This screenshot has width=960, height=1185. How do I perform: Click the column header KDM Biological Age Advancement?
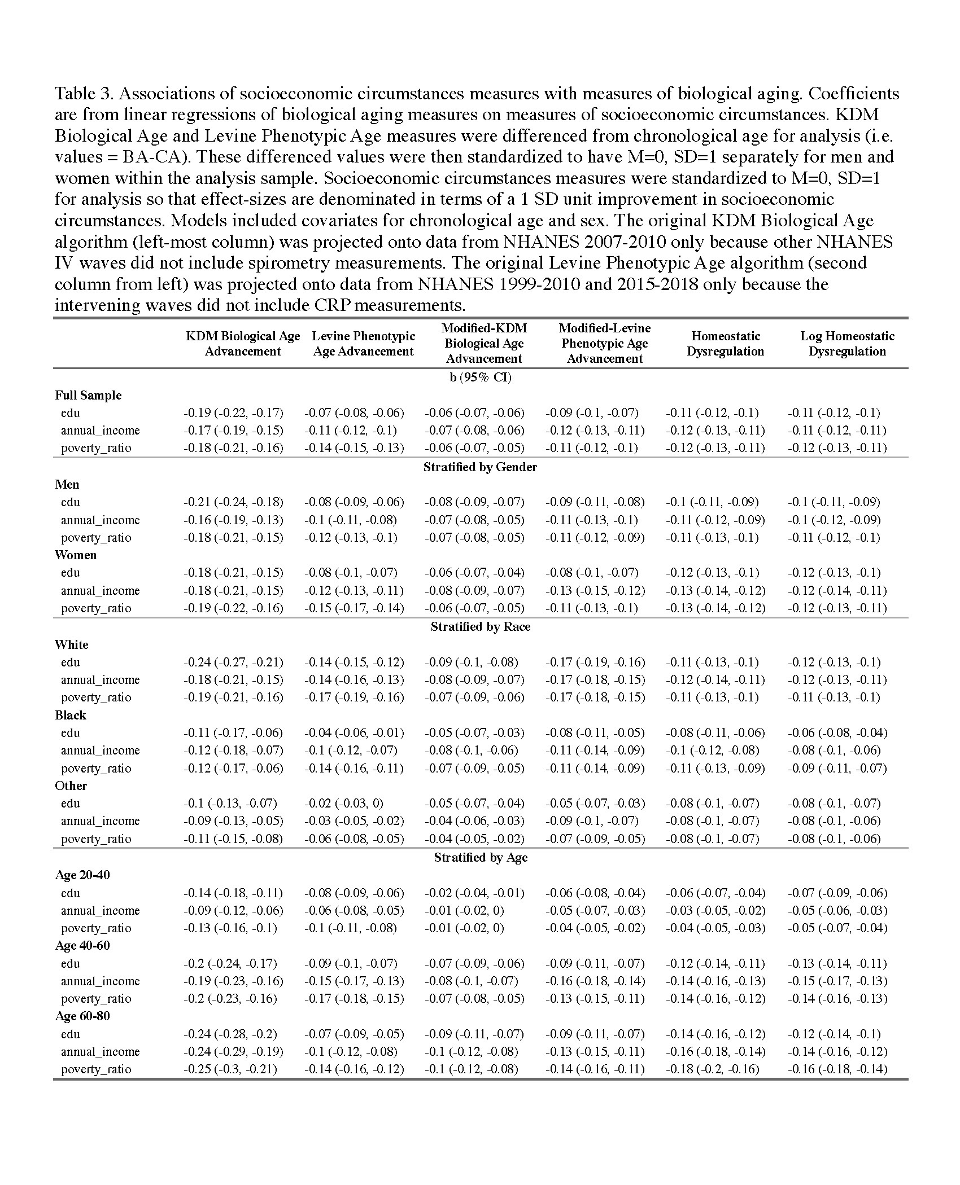[243, 344]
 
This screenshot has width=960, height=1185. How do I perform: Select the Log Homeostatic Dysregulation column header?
[847, 344]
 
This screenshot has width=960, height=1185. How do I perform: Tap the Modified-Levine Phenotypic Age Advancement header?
[605, 343]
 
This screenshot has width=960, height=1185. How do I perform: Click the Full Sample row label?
[88, 395]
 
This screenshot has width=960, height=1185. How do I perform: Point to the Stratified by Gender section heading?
[480, 467]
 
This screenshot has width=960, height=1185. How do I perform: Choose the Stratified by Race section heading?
[480, 626]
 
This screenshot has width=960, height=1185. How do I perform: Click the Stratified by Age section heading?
[480, 857]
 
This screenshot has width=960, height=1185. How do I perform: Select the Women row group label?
[76, 555]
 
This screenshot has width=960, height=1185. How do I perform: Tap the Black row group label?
[71, 715]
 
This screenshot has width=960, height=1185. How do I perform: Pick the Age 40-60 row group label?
[82, 945]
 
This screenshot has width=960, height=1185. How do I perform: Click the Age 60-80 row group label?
[82, 1016]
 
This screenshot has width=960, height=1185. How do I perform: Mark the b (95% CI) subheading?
[480, 378]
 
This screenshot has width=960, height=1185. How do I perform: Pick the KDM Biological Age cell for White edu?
[233, 662]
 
